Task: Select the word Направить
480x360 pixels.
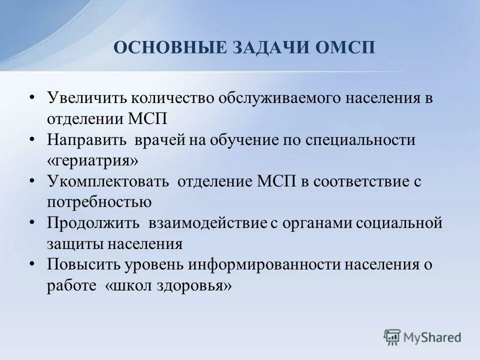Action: (87, 140)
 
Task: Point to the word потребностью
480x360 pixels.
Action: (99, 202)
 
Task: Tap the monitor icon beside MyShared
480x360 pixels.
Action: (392, 337)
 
